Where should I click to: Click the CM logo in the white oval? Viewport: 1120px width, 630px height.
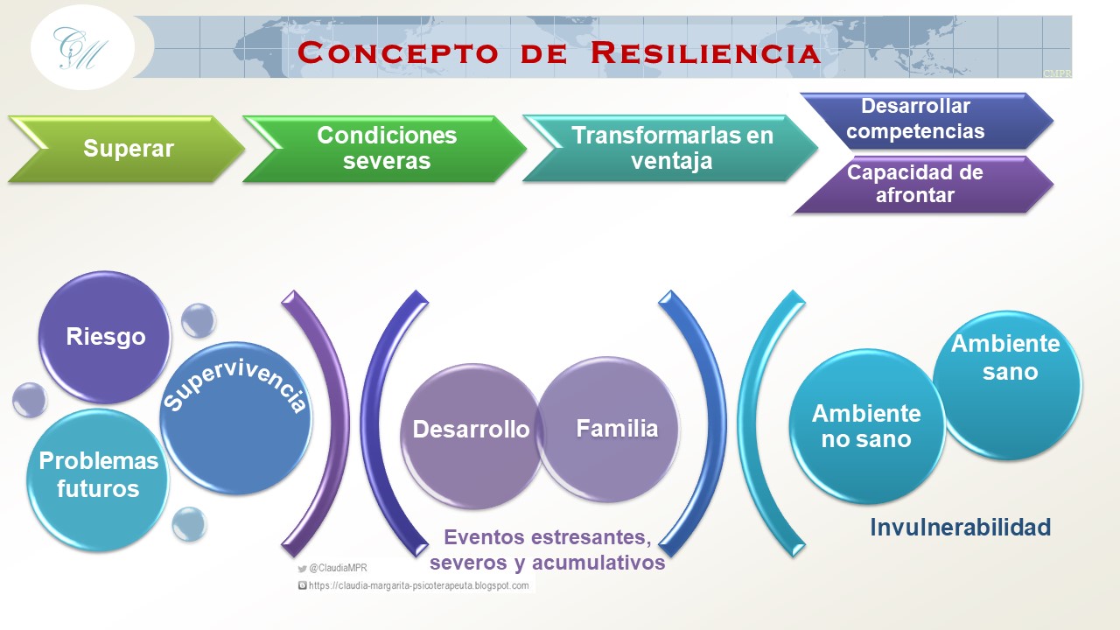tap(80, 48)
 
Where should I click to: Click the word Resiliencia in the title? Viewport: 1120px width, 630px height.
tap(705, 52)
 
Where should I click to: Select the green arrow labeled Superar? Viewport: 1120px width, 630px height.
tap(126, 149)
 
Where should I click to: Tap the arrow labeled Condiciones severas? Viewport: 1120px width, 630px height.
tap(384, 149)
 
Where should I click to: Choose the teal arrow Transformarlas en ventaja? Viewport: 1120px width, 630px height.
tap(670, 148)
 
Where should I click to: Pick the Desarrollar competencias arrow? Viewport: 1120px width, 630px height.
tap(925, 121)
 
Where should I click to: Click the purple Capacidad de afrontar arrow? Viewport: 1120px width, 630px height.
tap(924, 185)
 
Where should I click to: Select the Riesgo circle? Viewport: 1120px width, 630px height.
tap(104, 337)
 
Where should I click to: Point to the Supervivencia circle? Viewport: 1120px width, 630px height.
tap(235, 418)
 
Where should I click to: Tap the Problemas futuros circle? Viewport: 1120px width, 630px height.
tap(98, 480)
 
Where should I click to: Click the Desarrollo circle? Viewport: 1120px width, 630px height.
tap(472, 436)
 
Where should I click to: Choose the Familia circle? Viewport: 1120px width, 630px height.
tap(608, 429)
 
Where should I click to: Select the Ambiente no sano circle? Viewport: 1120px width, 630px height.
tap(866, 426)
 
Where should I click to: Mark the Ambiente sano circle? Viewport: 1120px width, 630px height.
tap(1007, 385)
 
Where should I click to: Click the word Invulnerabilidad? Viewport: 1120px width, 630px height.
tap(961, 527)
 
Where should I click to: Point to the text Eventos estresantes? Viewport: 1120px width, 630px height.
tap(548, 537)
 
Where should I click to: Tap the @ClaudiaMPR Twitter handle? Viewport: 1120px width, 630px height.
tap(332, 568)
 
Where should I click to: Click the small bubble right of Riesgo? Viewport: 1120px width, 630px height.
tap(199, 320)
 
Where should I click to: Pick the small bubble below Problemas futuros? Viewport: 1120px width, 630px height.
tap(189, 524)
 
